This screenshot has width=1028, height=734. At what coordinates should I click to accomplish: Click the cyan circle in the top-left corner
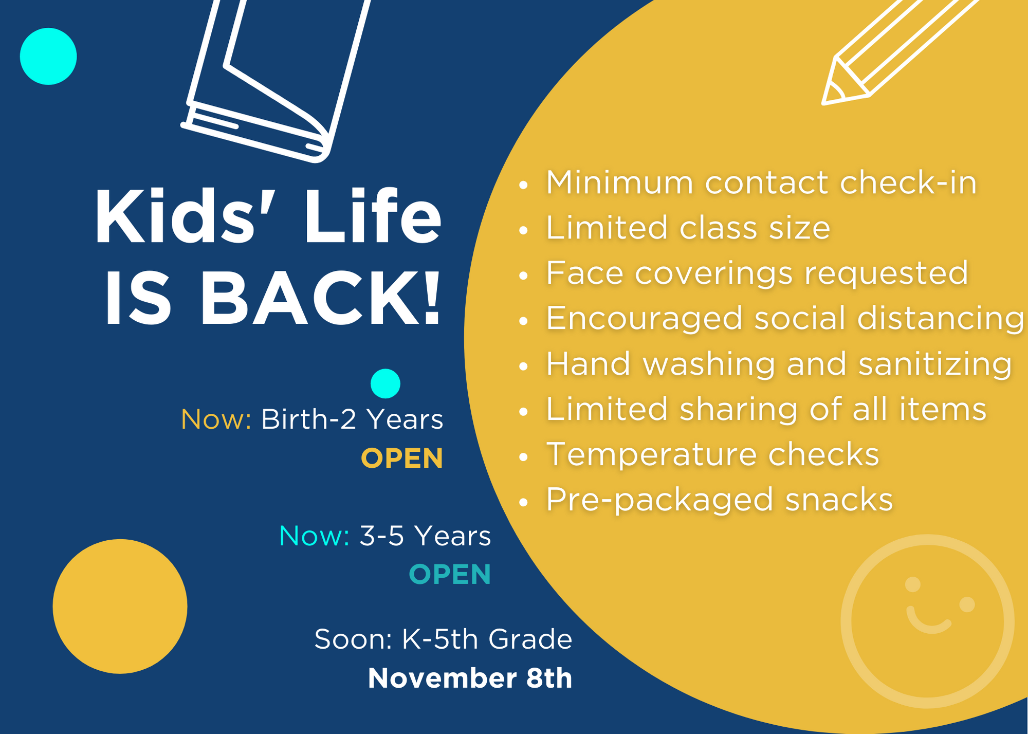tap(48, 57)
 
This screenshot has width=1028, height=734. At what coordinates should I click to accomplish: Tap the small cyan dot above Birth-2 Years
tap(385, 383)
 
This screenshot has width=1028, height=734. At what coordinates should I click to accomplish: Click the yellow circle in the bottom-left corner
tap(120, 607)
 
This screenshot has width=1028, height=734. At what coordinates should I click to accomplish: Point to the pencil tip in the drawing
tap(824, 103)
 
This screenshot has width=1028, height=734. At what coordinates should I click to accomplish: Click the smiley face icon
tap(928, 621)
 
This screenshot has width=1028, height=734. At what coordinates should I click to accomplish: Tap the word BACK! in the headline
tap(321, 299)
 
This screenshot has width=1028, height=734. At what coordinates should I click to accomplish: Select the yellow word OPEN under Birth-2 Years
tap(402, 458)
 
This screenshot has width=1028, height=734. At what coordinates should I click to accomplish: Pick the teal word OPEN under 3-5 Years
tap(450, 574)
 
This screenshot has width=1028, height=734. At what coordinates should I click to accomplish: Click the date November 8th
tap(470, 678)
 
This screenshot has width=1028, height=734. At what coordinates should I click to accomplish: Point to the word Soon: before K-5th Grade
tap(354, 639)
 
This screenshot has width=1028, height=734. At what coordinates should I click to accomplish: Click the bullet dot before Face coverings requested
tap(524, 276)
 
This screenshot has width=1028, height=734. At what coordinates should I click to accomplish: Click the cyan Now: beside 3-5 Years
tap(314, 536)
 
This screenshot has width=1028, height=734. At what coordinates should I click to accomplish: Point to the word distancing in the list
tap(941, 319)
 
